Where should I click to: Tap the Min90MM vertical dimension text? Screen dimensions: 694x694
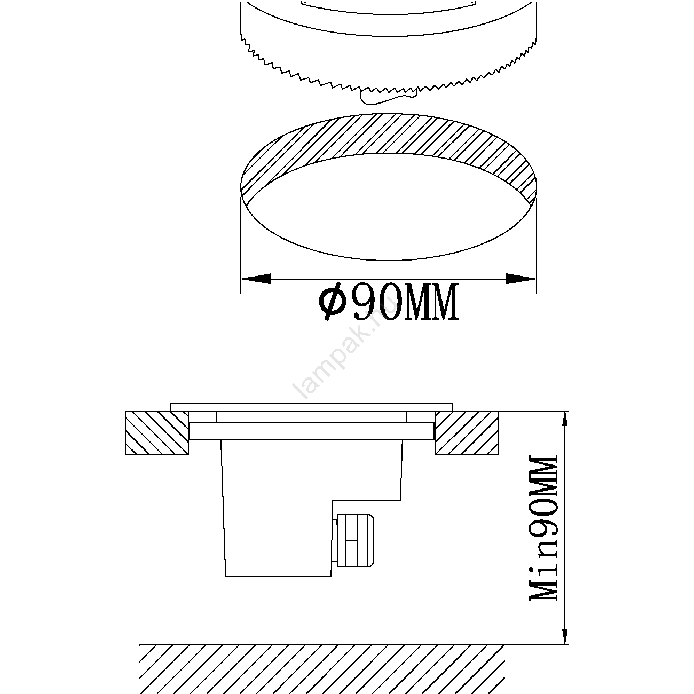(543, 529)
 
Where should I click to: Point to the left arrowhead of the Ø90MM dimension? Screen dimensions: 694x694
(256, 278)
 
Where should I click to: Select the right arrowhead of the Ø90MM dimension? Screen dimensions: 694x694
(521, 278)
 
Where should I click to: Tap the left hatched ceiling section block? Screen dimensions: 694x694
(157, 432)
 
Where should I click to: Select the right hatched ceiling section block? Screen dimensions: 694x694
(467, 432)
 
